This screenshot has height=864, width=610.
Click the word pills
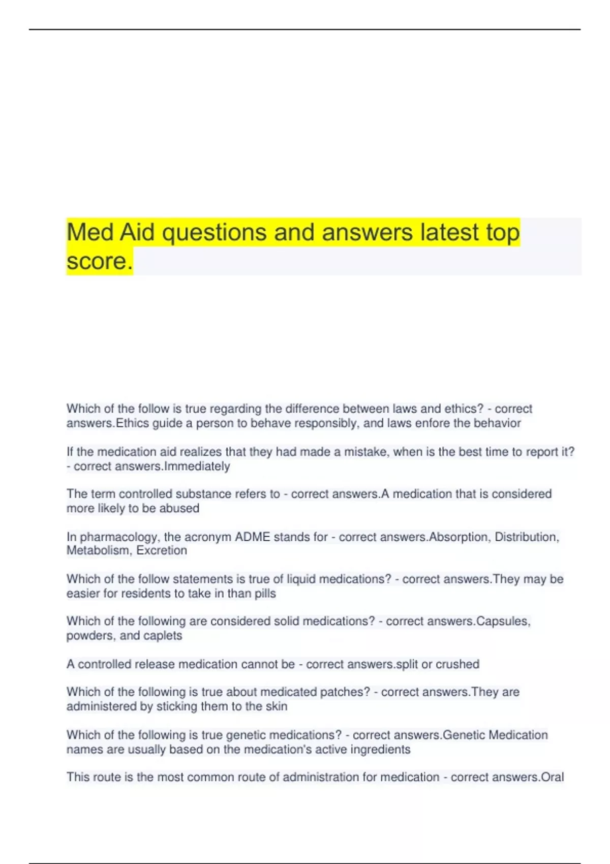point(265,594)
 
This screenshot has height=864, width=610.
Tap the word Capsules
point(503,621)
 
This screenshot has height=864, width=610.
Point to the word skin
point(277,706)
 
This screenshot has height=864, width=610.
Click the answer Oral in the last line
point(553,777)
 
